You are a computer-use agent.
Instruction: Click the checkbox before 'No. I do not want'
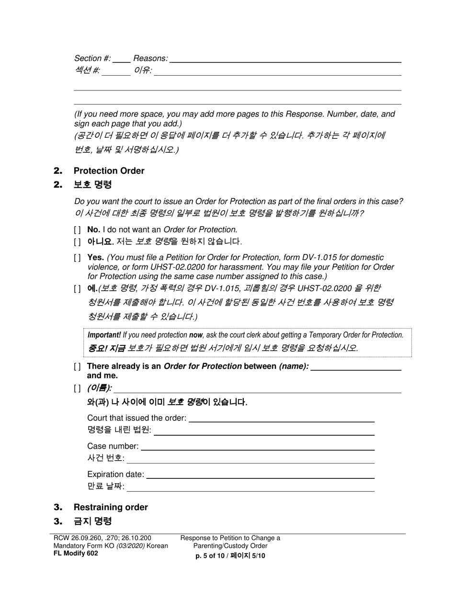pos(77,230)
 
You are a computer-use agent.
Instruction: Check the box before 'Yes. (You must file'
pos(77,258)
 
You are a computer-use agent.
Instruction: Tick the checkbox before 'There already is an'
pos(77,367)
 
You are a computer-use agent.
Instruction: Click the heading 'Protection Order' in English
pos(109,171)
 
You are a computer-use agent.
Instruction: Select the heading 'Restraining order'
pos(111,508)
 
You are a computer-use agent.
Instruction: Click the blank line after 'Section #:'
pos(122,59)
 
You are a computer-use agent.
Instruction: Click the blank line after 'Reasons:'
pos(285,59)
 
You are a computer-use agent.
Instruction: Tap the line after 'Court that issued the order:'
pos(282,419)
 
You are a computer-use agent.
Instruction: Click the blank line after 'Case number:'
pos(258,447)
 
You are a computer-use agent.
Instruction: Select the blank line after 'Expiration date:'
pos(260,476)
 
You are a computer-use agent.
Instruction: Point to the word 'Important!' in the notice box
pos(104,336)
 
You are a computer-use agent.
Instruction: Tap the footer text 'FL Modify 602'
pos(76,553)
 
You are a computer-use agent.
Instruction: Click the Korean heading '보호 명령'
pos(92,185)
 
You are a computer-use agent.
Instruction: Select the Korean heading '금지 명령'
pos(92,521)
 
